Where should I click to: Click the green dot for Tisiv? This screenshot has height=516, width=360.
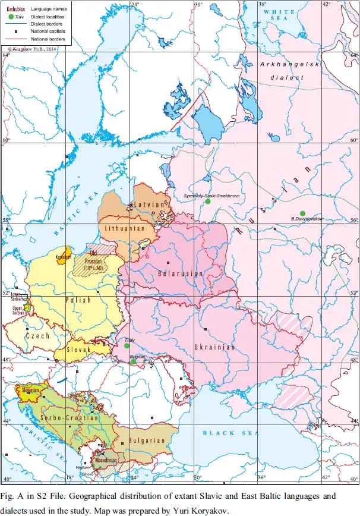pyautogui.click(x=127, y=345)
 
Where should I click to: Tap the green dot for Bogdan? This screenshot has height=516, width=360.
pyautogui.click(x=134, y=361)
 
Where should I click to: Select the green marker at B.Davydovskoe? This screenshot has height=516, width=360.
pyautogui.click(x=302, y=213)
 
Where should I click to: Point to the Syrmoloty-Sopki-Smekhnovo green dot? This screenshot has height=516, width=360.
pyautogui.click(x=208, y=202)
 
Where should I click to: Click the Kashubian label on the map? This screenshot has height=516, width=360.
pyautogui.click(x=62, y=257)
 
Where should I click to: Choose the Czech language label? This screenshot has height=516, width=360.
pyautogui.click(x=37, y=336)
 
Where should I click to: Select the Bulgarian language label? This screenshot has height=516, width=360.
pyautogui.click(x=146, y=441)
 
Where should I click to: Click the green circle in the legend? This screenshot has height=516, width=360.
pyautogui.click(x=10, y=16)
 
